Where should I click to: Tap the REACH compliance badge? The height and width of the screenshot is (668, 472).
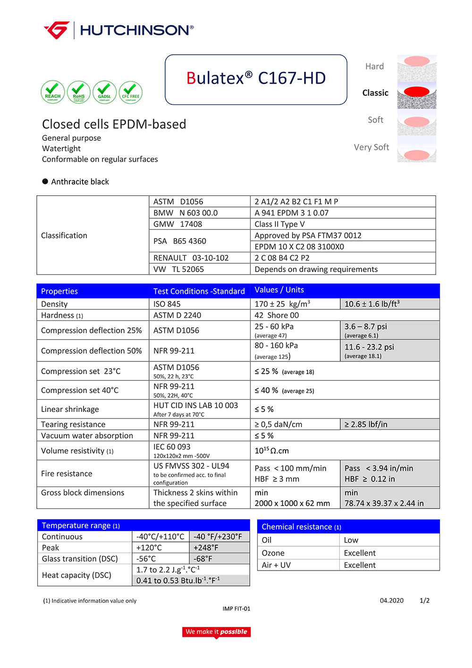(x=52, y=92)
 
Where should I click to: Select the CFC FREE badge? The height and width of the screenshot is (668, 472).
(x=131, y=92)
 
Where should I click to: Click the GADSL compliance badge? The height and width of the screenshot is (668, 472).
(x=104, y=92)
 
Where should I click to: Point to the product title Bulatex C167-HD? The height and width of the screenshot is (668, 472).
(x=256, y=78)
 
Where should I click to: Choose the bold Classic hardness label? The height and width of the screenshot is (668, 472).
(x=375, y=93)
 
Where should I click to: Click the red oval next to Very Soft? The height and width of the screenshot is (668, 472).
(x=417, y=154)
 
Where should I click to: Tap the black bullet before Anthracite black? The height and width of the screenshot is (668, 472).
(x=45, y=181)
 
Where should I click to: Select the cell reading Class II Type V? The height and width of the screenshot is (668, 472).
(x=279, y=224)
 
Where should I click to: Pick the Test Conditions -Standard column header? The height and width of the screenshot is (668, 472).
(x=199, y=291)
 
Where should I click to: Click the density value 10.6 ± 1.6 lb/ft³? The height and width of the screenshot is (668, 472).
(x=372, y=304)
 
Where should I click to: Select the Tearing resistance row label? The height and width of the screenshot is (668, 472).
(x=73, y=424)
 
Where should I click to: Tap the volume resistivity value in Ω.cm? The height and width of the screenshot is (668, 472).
(x=272, y=451)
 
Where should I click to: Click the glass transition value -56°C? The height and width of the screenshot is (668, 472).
(x=146, y=558)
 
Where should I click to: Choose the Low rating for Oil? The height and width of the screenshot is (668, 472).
(x=351, y=540)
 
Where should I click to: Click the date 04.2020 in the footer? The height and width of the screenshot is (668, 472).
(x=392, y=600)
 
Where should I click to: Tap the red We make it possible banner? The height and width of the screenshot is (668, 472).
(x=216, y=632)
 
